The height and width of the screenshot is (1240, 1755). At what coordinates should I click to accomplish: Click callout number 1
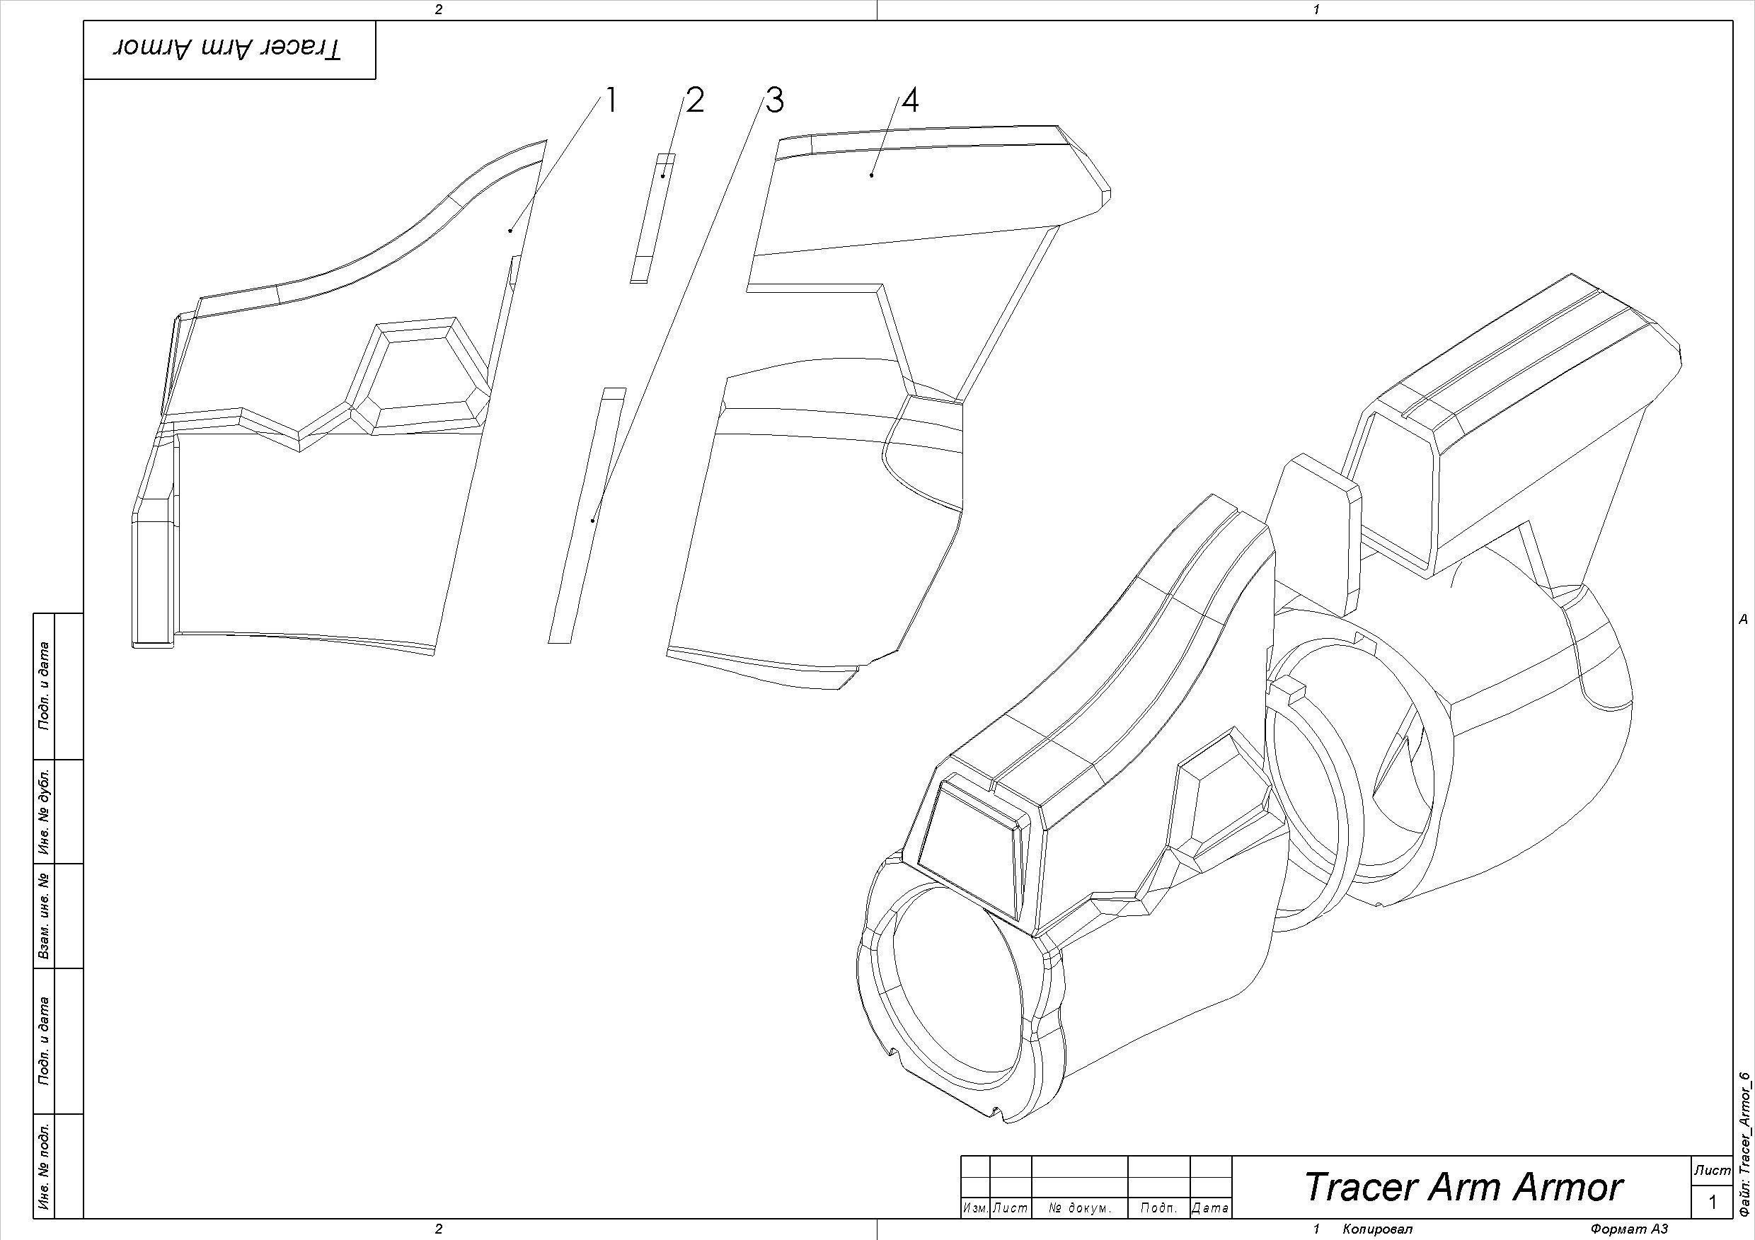click(x=610, y=101)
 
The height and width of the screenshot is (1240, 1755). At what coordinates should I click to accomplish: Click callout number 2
click(x=694, y=101)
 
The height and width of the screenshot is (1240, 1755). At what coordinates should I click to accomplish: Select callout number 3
click(x=774, y=101)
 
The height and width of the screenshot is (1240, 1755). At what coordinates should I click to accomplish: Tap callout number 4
click(x=909, y=101)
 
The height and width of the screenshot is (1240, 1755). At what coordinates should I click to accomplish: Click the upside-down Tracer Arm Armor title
click(x=229, y=49)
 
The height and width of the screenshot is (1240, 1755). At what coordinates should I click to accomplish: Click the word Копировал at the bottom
click(x=1376, y=1229)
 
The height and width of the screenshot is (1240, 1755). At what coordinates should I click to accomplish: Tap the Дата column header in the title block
click(x=1211, y=1208)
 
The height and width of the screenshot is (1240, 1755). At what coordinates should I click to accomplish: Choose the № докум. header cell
click(x=1079, y=1208)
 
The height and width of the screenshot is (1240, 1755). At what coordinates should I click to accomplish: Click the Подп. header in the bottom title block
click(x=1158, y=1208)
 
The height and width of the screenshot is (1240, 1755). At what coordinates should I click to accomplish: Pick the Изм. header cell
click(x=975, y=1208)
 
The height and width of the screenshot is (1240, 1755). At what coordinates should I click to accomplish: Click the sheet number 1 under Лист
click(x=1713, y=1203)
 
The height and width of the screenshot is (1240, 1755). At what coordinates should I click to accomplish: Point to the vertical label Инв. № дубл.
click(x=45, y=811)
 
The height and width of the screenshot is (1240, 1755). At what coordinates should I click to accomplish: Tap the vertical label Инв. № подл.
click(x=45, y=1166)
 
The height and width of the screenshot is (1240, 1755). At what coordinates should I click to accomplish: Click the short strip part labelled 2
click(x=652, y=218)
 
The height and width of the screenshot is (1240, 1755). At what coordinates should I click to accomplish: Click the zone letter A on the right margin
click(x=1744, y=620)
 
